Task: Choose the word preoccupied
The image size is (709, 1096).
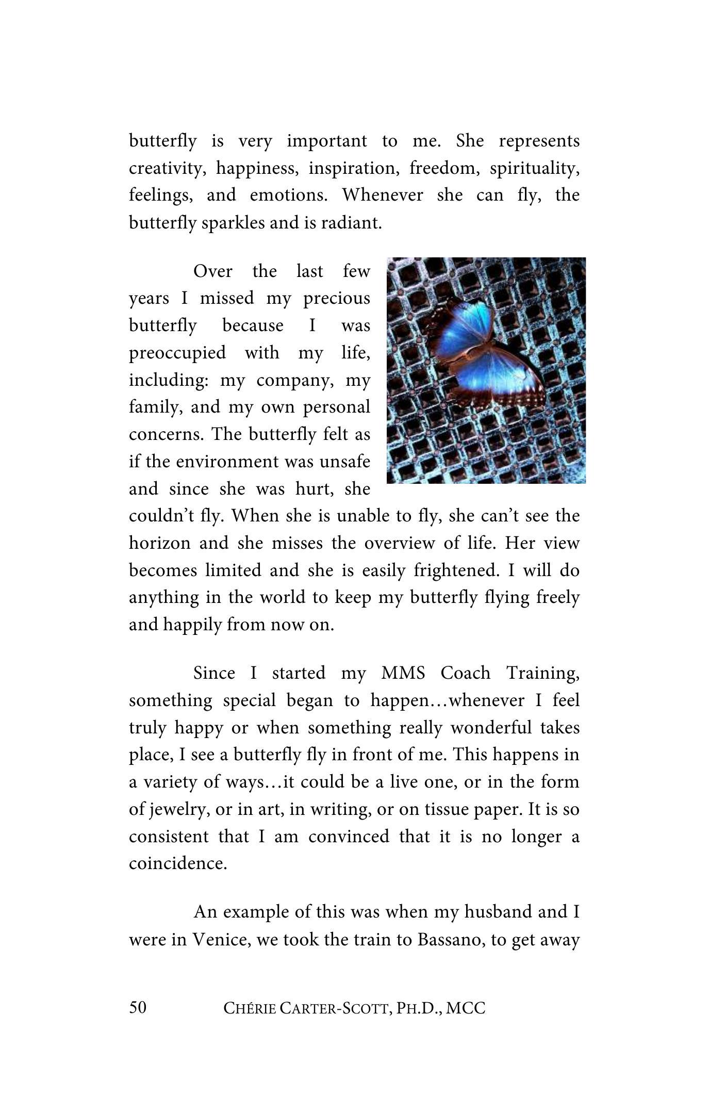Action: click(177, 353)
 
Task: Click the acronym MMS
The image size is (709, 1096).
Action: click(403, 673)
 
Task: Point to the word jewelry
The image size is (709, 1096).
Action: click(178, 809)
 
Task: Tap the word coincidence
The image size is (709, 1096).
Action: click(178, 863)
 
